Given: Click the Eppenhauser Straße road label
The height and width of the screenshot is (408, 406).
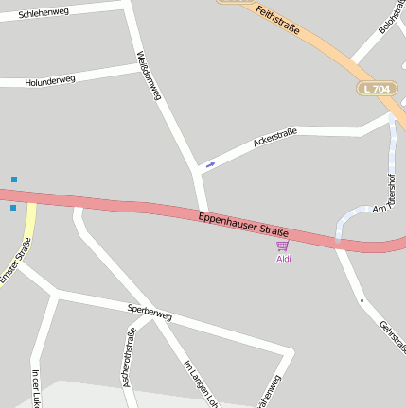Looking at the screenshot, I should (243, 225).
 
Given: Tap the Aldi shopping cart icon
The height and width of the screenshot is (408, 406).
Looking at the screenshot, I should (282, 246).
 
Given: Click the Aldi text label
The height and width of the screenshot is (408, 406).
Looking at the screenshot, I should (283, 259).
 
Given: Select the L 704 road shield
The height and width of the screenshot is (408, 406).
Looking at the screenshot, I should (376, 89).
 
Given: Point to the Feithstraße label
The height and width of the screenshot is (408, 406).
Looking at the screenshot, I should (278, 20).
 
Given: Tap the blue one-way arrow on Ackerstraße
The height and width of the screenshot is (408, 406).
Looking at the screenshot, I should (210, 164).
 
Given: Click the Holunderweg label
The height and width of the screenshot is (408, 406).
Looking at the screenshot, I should (50, 80).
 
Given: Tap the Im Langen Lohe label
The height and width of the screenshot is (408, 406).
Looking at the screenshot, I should (199, 382).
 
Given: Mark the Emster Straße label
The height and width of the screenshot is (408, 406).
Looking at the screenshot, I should (15, 260).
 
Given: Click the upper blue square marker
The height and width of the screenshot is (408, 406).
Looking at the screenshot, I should (14, 178).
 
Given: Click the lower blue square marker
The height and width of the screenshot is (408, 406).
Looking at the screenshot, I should (13, 208).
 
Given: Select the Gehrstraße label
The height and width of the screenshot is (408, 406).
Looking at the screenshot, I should (392, 336).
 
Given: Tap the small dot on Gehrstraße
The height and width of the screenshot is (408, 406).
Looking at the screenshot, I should (362, 300).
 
